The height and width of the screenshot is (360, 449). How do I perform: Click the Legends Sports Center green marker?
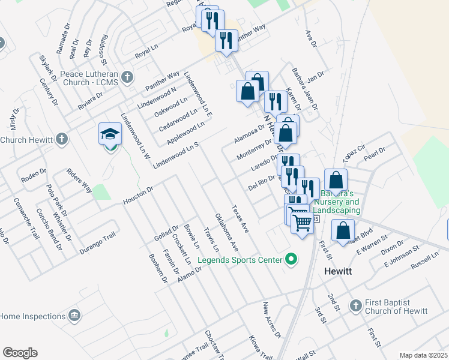(291, 260)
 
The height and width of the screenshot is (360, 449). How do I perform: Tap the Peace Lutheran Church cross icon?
(127, 77)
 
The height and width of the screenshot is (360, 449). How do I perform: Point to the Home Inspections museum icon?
(74, 316)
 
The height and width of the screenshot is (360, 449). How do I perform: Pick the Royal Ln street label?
(146, 53)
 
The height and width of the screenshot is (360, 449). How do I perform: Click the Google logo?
(20, 353)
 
